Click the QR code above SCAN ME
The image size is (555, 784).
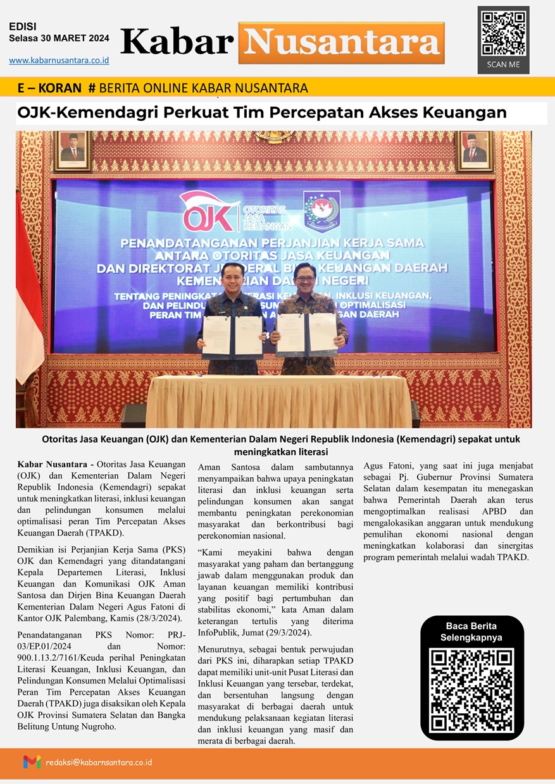(x=503, y=33)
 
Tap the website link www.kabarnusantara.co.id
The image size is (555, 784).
(x=59, y=60)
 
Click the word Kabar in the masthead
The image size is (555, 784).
(x=177, y=42)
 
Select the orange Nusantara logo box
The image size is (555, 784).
(x=342, y=42)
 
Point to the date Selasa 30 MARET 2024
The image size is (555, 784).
(x=59, y=38)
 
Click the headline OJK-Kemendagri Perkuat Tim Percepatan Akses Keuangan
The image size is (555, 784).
(x=263, y=113)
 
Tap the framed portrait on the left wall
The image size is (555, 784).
(x=72, y=151)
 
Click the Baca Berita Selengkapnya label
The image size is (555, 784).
(x=472, y=632)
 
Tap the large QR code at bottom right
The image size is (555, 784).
(x=472, y=690)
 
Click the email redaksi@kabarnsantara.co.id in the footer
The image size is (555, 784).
(x=99, y=762)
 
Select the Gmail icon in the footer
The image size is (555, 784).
(x=32, y=762)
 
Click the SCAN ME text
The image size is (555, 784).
(x=503, y=64)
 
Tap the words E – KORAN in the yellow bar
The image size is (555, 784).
(x=50, y=88)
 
